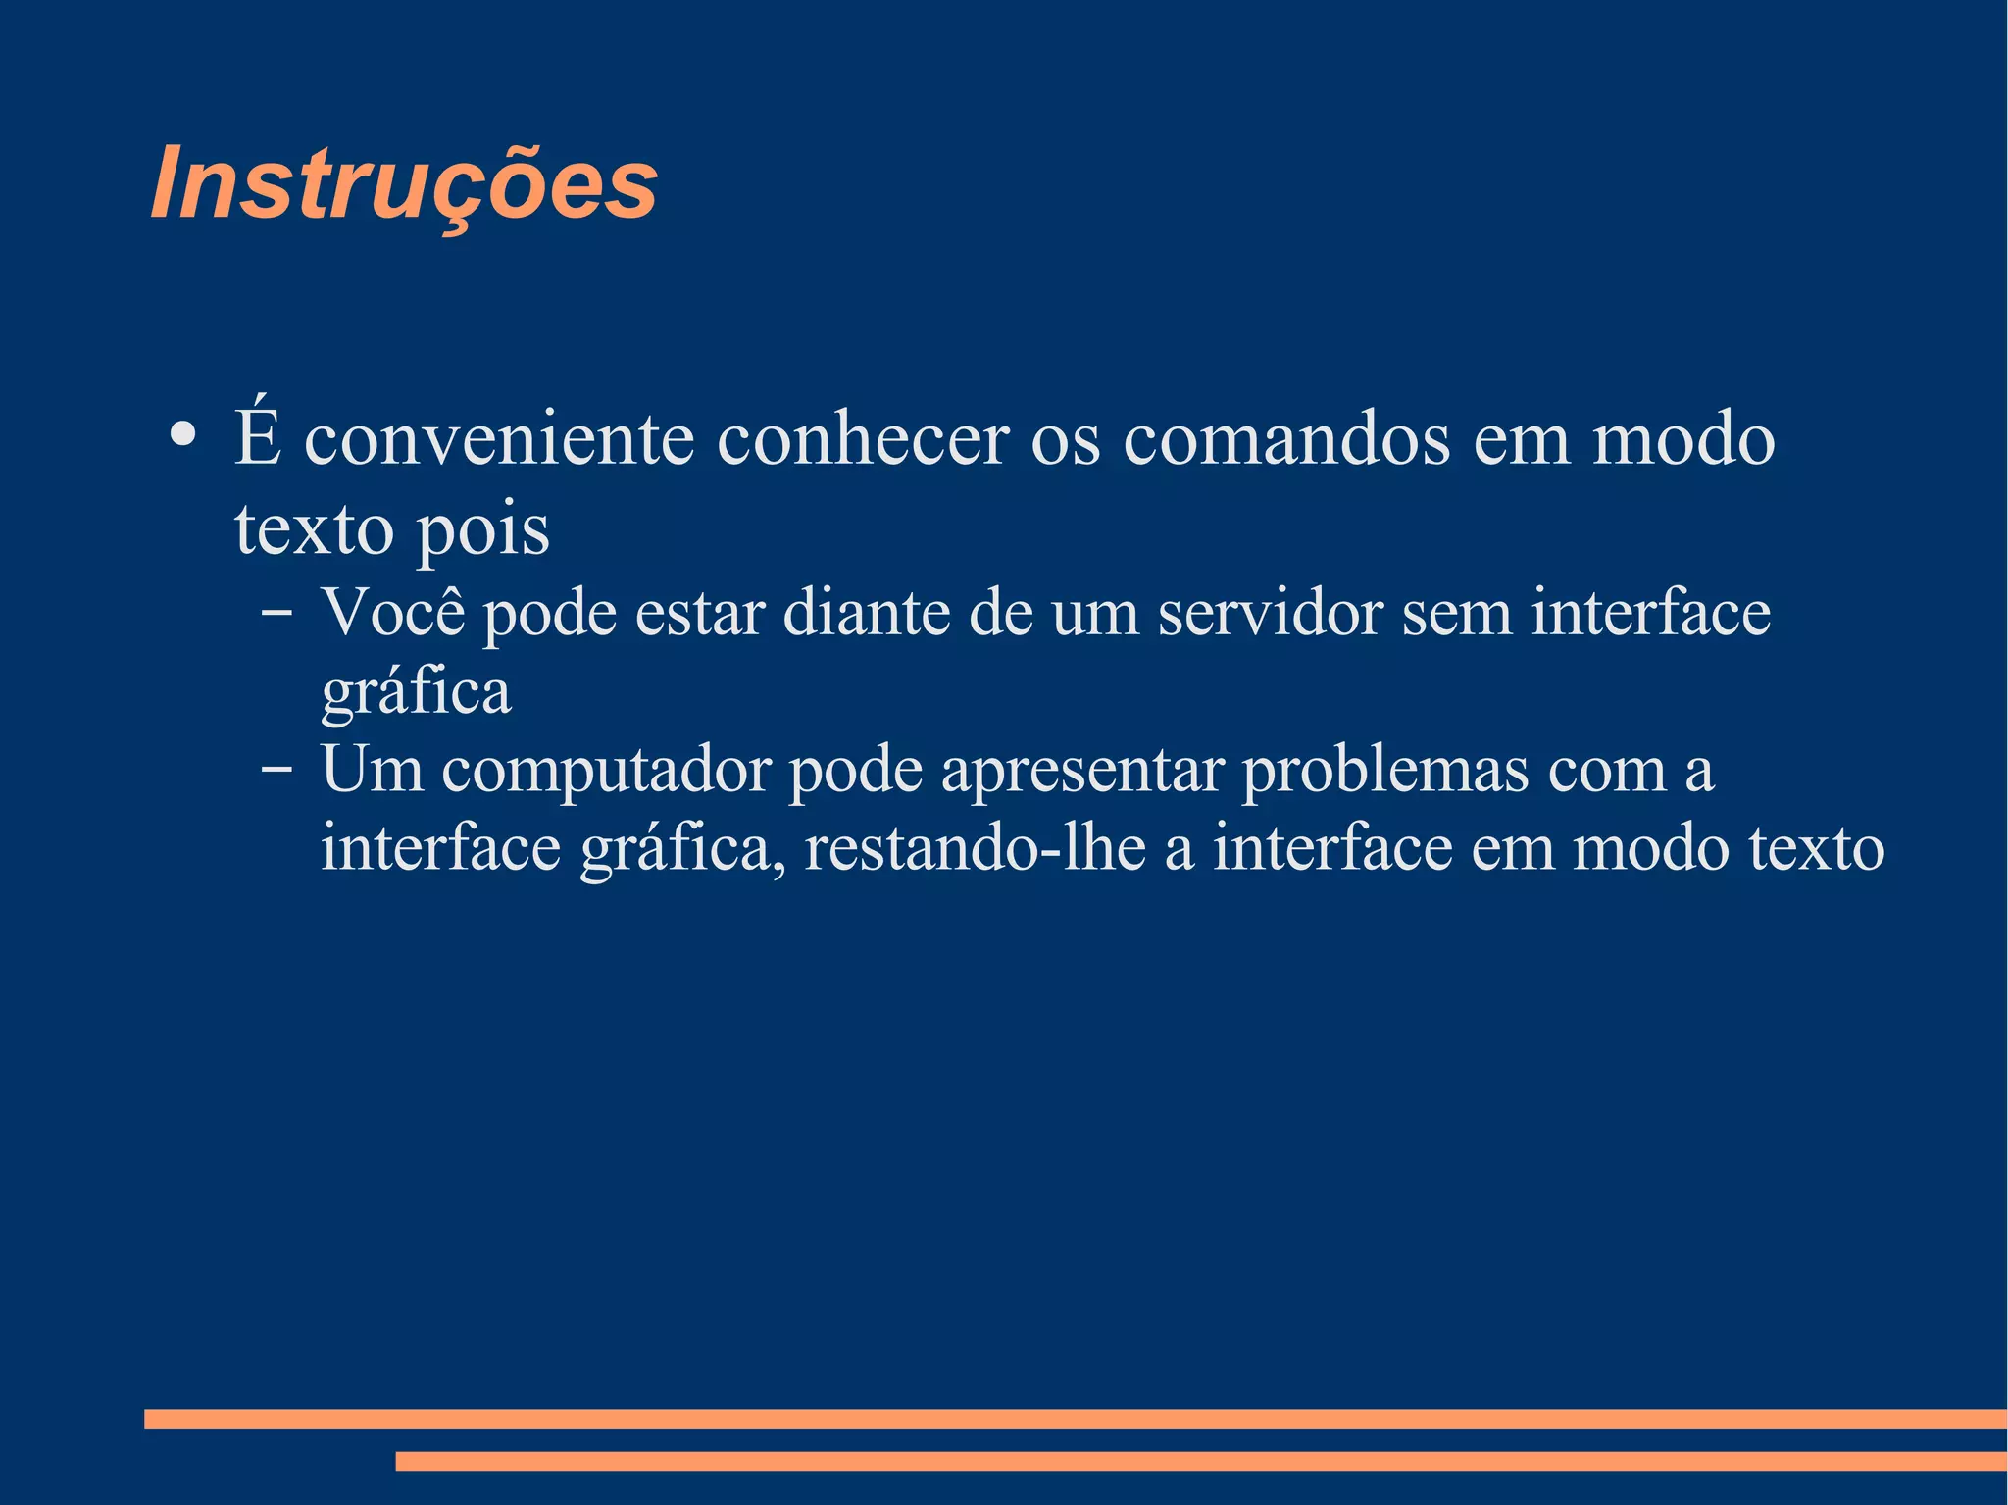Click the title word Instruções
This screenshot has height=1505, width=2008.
pos(404,184)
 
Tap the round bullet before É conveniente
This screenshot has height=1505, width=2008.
pos(181,433)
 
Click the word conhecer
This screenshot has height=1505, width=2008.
pos(863,439)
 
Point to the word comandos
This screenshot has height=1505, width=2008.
pos(1286,439)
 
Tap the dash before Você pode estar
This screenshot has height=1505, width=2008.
pos(276,613)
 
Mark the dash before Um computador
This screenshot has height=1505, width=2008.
pos(276,770)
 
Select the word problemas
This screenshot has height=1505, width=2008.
pos(1385,771)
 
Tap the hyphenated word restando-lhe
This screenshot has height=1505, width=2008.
pos(975,848)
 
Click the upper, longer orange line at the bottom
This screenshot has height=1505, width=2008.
pos(1075,1418)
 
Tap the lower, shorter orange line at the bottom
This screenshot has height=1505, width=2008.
pos(1200,1461)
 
